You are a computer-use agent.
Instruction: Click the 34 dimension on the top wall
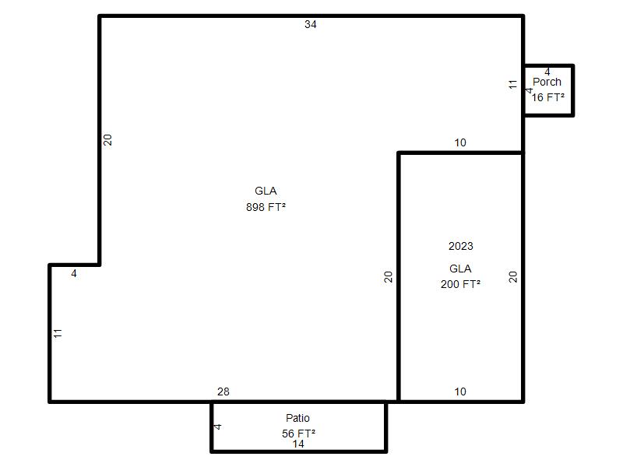(310, 24)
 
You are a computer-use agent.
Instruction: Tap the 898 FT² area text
(266, 207)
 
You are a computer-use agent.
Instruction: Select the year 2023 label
(461, 246)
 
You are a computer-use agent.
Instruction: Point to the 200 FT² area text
(460, 284)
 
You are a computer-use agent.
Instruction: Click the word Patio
(297, 418)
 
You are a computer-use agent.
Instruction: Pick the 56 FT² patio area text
(299, 434)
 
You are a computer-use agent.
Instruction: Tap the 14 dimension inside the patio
(298, 444)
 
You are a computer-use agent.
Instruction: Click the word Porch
(547, 82)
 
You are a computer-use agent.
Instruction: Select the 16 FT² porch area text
(548, 97)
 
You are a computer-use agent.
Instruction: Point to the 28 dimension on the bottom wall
(224, 392)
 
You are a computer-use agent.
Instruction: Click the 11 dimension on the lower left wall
(58, 333)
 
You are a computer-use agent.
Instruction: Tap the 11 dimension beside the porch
(513, 84)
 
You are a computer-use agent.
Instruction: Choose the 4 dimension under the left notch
(74, 274)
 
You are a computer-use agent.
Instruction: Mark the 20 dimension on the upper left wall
(107, 140)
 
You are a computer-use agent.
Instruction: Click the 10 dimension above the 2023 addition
(460, 142)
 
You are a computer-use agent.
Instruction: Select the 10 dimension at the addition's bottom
(460, 392)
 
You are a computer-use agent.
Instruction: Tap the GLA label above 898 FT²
(266, 191)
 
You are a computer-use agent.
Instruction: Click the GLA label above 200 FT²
(460, 269)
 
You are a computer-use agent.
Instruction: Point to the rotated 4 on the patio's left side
(217, 427)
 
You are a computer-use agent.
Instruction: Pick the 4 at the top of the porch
(547, 72)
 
